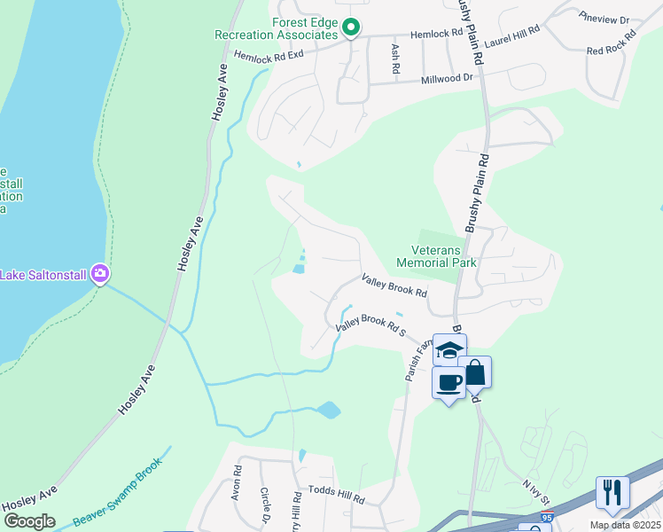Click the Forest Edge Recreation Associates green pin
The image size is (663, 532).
[x=351, y=29]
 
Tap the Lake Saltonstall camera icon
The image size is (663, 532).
[x=100, y=274]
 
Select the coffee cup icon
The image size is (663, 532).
[x=448, y=383]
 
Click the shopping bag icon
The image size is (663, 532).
[x=474, y=373]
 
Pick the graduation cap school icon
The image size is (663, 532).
[x=449, y=348]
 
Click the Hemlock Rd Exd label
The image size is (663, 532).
[x=269, y=55]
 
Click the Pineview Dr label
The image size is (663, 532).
[x=604, y=19]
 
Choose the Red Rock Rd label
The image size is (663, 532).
[x=612, y=43]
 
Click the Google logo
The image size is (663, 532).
[x=29, y=521]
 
